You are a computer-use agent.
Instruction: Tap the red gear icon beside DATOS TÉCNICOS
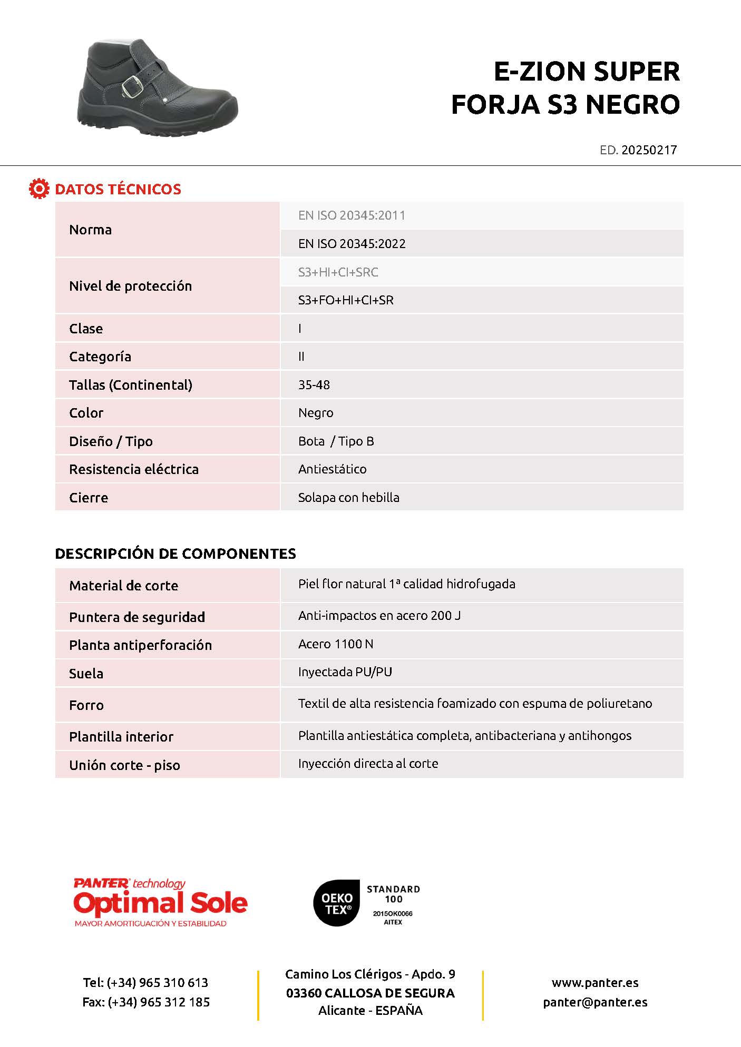tap(39, 189)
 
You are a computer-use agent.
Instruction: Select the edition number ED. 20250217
tap(638, 150)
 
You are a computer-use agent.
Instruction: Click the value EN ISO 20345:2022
tap(352, 244)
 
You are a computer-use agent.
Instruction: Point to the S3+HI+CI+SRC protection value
tap(338, 272)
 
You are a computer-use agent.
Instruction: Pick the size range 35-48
tap(314, 385)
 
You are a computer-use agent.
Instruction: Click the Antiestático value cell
tap(332, 469)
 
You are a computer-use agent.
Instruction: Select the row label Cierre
tap(89, 498)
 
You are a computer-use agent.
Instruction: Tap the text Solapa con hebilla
tap(348, 498)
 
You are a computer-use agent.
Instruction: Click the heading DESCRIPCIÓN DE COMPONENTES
tap(175, 554)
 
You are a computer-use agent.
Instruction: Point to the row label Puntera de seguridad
tap(137, 617)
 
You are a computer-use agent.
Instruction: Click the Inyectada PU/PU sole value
tap(345, 672)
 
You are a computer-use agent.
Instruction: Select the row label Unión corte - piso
tap(124, 765)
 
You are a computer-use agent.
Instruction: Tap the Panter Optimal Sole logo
tap(160, 903)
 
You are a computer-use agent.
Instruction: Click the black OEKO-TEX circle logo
tap(337, 903)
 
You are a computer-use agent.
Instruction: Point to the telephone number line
tap(145, 983)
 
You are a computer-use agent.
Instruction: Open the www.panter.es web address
tap(594, 983)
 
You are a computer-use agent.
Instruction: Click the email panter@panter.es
tap(594, 1002)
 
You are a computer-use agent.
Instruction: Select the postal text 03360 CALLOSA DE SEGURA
tap(370, 993)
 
